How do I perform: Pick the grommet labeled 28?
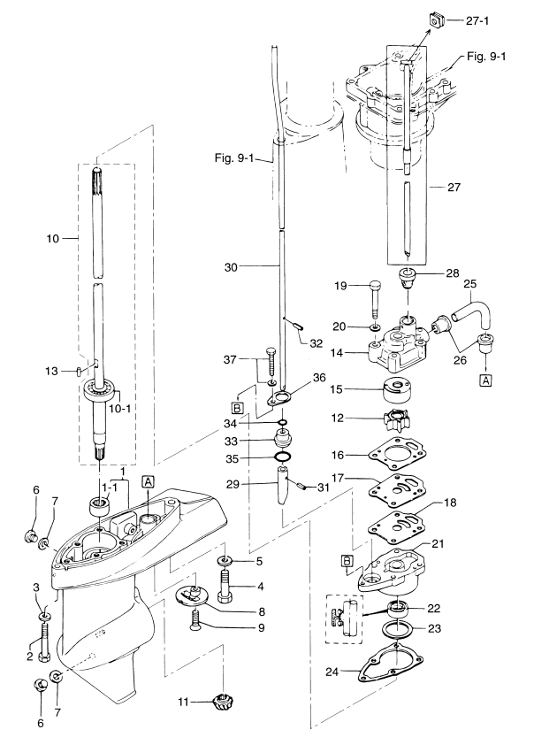coord(411,280)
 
